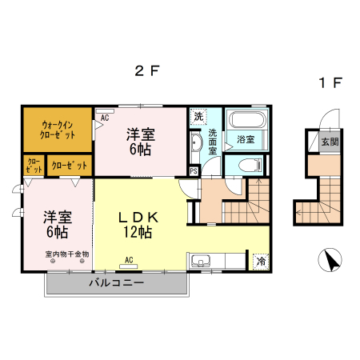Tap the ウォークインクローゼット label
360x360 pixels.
point(58,130)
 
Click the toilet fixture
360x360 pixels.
point(247,165)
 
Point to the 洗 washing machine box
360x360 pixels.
point(198,116)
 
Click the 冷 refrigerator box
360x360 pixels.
point(260,262)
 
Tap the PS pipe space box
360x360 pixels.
point(194,170)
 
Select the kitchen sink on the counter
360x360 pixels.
point(200,261)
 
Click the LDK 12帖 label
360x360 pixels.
point(142,225)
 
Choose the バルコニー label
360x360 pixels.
point(116,283)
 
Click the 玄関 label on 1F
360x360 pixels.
point(330,141)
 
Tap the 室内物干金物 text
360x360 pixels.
point(67,254)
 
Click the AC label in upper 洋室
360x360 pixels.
point(104,117)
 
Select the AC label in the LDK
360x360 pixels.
point(129,259)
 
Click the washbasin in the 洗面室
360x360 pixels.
point(196,144)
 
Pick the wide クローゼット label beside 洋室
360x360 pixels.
point(70,166)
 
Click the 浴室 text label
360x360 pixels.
point(245,140)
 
